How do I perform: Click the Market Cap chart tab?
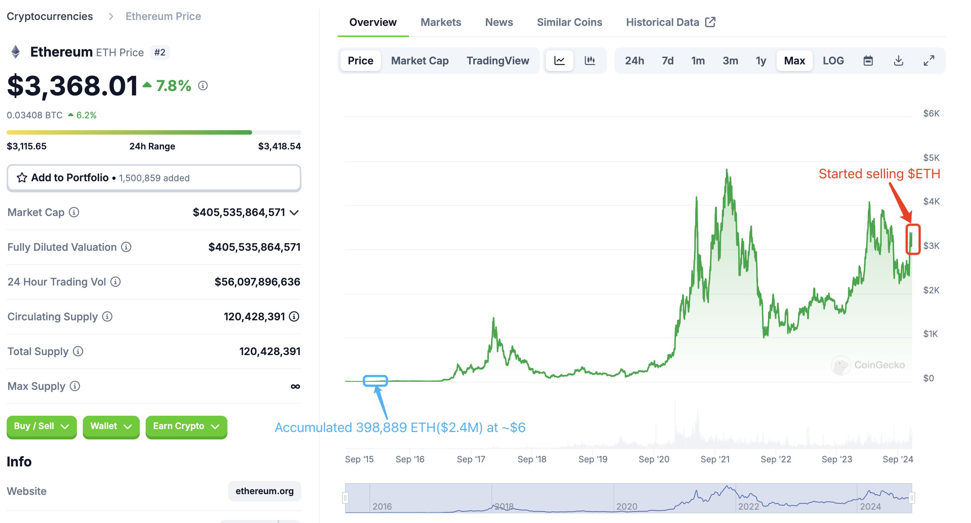(x=420, y=61)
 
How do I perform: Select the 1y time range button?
(x=761, y=61)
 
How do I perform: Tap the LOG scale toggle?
(x=833, y=61)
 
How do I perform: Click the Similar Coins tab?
(x=569, y=22)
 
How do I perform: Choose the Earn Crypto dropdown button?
(x=186, y=426)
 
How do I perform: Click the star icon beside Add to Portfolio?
(x=22, y=178)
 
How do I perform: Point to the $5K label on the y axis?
(x=931, y=158)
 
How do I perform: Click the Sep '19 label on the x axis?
(x=593, y=459)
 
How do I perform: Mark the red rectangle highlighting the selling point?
(x=913, y=239)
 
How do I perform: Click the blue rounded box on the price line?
(x=375, y=381)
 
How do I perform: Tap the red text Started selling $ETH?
(x=879, y=174)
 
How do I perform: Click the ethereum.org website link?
(x=264, y=491)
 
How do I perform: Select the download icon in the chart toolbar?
(x=898, y=61)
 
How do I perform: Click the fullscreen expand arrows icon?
(x=929, y=61)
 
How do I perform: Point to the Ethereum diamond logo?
(x=16, y=52)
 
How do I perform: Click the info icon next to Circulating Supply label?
(x=108, y=316)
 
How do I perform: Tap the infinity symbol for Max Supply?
(x=295, y=386)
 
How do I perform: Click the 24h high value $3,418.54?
(x=279, y=146)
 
